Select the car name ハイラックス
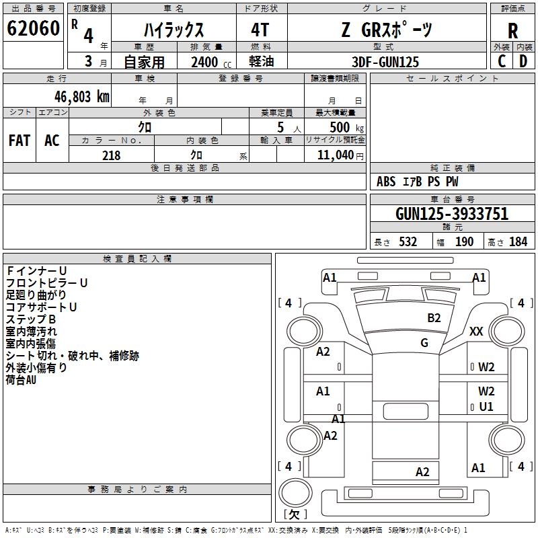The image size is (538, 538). click(x=175, y=30)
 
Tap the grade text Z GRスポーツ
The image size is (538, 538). click(x=387, y=30)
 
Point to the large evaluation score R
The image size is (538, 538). click(x=512, y=31)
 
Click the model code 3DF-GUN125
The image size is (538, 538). click(x=386, y=62)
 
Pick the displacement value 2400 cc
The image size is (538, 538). click(x=206, y=62)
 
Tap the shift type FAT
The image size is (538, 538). click(x=20, y=140)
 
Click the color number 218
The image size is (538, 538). click(x=111, y=155)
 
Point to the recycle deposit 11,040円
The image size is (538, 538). click(x=340, y=155)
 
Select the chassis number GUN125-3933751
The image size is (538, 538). click(x=452, y=214)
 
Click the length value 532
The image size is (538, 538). click(x=408, y=242)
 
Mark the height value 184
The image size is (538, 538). click(x=518, y=242)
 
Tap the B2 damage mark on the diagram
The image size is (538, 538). click(x=434, y=317)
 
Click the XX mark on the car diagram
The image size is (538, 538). click(x=476, y=331)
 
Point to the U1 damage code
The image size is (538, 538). click(x=486, y=407)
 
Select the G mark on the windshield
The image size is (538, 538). click(x=424, y=343)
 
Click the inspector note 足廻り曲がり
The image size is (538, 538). click(x=36, y=295)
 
